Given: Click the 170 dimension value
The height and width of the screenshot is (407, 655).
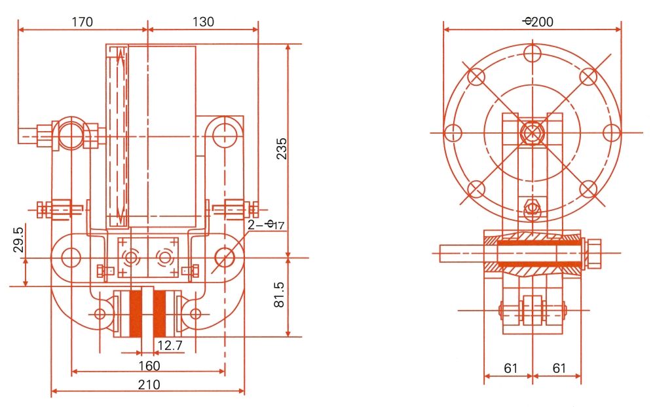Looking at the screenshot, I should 82,22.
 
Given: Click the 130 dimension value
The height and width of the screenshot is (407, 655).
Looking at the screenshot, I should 203,22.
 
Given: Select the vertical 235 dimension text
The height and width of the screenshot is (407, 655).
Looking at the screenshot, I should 280,150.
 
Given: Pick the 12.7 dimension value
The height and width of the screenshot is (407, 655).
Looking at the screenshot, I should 169,345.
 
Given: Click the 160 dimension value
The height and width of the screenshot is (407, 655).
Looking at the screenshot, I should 148,364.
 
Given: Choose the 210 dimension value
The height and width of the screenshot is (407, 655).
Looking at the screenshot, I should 149,385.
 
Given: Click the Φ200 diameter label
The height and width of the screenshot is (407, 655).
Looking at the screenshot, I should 538,22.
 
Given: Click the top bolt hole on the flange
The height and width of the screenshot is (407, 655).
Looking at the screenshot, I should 533,52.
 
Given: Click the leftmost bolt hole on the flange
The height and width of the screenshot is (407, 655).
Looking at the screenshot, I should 453,133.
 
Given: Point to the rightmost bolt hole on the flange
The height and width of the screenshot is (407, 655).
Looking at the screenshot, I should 611,133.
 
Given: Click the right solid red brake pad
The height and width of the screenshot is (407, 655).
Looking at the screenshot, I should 160,313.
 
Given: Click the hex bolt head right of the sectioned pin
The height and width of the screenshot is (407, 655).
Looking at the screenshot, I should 593,254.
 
